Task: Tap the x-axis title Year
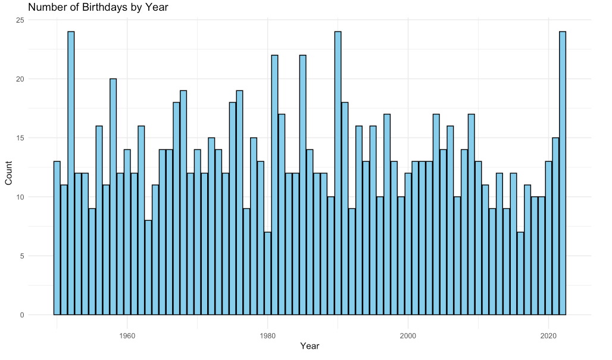click(310, 346)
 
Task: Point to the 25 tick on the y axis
click(20, 20)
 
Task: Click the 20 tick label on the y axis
click(20, 79)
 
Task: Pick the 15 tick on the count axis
click(20, 138)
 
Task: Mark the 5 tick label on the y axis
click(22, 256)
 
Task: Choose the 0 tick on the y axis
click(22, 315)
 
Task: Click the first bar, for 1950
click(57, 238)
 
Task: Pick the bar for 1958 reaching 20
click(113, 196)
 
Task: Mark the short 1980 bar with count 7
click(267, 274)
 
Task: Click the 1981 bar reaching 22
click(274, 184)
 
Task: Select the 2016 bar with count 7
click(520, 274)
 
